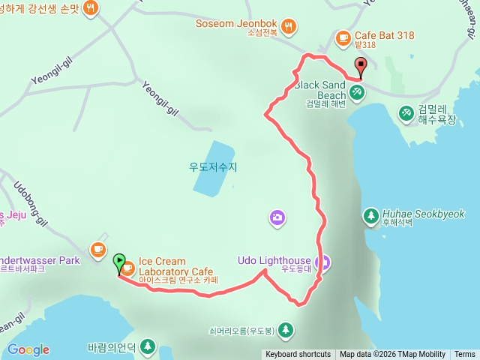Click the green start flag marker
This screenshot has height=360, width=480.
(118, 263)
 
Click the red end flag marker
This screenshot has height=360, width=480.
(361, 66)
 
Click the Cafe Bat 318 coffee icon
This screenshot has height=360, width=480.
(343, 36)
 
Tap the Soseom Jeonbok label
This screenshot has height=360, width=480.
(237, 24)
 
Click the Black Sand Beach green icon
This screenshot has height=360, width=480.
(357, 91)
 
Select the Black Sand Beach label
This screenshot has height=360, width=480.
(320, 85)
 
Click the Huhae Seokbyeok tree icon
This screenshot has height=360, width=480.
(370, 216)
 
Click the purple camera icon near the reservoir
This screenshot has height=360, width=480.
(277, 218)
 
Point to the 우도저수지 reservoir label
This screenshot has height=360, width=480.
(213, 167)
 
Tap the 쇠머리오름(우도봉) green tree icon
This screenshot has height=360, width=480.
(285, 329)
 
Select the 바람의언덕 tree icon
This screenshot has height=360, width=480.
(148, 346)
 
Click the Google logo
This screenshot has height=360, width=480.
(28, 349)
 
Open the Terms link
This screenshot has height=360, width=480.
(464, 355)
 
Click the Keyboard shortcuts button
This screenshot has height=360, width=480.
(298, 355)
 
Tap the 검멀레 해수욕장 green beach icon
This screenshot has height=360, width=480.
(406, 112)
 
